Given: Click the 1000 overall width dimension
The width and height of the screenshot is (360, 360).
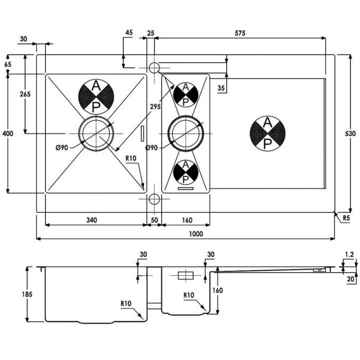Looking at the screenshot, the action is (196, 234).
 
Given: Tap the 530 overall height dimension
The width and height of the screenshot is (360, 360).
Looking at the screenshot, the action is (350, 133).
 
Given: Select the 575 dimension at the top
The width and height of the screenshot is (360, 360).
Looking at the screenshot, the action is (240, 33).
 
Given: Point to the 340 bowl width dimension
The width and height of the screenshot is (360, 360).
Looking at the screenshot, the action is (92, 220).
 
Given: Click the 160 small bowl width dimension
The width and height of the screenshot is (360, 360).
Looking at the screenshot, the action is (187, 220).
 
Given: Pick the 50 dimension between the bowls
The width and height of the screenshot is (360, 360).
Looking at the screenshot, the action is (154, 220).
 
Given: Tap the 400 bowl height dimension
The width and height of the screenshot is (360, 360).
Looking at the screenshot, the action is (8, 133).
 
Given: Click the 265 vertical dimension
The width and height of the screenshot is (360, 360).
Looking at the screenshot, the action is (25, 94).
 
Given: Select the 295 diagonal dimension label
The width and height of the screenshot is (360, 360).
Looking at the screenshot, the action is (155, 107).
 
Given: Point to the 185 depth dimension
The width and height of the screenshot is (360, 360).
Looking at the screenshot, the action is (27, 294).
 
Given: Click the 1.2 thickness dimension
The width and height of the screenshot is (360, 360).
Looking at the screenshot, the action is (349, 254).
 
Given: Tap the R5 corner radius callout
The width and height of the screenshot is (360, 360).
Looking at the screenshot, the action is (346, 218).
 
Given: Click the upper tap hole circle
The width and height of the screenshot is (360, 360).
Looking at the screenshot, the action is (154, 68).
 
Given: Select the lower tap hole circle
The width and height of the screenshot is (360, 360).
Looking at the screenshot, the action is (154, 199).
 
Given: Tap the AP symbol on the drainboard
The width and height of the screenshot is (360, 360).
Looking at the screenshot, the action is (268, 133).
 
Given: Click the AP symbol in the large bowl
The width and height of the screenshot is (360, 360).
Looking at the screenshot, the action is (96, 97).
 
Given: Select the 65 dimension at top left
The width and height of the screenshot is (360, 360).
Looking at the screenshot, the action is (8, 65).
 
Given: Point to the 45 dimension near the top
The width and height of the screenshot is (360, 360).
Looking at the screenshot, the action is (129, 33).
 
